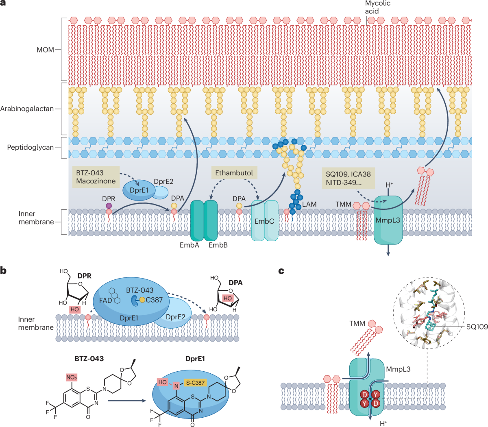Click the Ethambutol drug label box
[x=234, y=173]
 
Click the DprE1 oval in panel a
[x=139, y=190]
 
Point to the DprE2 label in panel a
[x=163, y=182]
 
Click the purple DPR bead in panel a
[x=109, y=206]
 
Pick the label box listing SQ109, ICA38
[x=348, y=178]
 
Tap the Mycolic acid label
[x=377, y=7]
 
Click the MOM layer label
[x=45, y=50]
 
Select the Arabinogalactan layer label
[x=27, y=109]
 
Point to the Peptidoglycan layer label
[x=30, y=147]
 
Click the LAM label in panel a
[x=309, y=204]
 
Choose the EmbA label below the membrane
[x=190, y=245]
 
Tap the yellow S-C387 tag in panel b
[x=195, y=382]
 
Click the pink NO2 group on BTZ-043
[x=72, y=378]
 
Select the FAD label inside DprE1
[x=105, y=301]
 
